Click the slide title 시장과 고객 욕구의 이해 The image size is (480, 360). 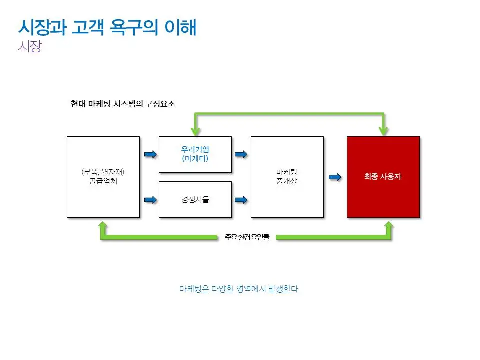click(x=107, y=27)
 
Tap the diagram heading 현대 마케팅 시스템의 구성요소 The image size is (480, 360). click(x=123, y=104)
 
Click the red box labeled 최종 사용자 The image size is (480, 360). click(x=383, y=177)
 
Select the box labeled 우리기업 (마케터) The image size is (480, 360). click(x=195, y=154)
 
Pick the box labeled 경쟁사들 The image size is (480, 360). click(x=195, y=199)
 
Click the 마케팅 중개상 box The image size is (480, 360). click(x=287, y=177)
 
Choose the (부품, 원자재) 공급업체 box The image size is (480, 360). click(x=103, y=177)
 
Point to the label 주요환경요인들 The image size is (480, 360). click(x=247, y=237)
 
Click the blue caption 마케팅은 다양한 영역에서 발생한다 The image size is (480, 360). click(x=239, y=289)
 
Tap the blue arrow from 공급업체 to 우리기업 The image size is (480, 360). click(x=149, y=154)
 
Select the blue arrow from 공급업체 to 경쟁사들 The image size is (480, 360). click(x=149, y=200)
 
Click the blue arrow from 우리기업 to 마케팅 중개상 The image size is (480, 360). click(x=241, y=154)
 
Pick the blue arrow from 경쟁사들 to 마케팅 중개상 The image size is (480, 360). click(x=241, y=200)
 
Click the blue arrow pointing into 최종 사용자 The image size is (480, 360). click(x=335, y=177)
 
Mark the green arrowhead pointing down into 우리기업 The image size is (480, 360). click(x=195, y=131)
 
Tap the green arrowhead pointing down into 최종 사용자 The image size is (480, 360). click(x=383, y=131)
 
